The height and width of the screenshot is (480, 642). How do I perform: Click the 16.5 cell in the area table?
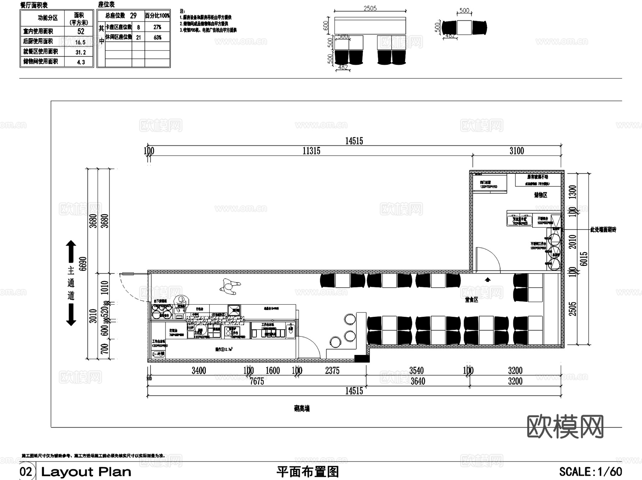coord(80,42)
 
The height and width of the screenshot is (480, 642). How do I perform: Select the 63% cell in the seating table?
coord(157,37)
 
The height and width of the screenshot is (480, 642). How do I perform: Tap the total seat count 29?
coord(133,16)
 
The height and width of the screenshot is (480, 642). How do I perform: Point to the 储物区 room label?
coord(540,195)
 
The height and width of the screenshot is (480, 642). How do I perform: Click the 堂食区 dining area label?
coord(471,300)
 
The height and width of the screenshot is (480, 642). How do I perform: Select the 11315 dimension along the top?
coord(311,151)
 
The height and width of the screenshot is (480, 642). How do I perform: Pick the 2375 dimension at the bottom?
coord(332,371)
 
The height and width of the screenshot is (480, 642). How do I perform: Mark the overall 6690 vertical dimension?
coord(83,264)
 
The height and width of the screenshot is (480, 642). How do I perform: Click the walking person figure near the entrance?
coord(230,285)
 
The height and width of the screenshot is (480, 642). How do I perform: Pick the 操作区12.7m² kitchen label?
coord(224,350)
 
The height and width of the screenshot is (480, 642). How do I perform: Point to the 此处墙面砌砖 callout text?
coord(603,230)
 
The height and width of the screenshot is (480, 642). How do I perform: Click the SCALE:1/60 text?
coord(590,472)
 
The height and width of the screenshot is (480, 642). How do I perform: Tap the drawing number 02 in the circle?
coord(26,472)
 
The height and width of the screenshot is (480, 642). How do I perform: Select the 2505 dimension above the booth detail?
coord(370,8)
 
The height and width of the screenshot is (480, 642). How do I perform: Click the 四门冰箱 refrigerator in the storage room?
coord(489,183)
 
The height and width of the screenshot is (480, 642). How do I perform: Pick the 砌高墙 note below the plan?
coord(302,409)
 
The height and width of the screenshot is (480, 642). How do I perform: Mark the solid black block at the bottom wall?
coord(362,359)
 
